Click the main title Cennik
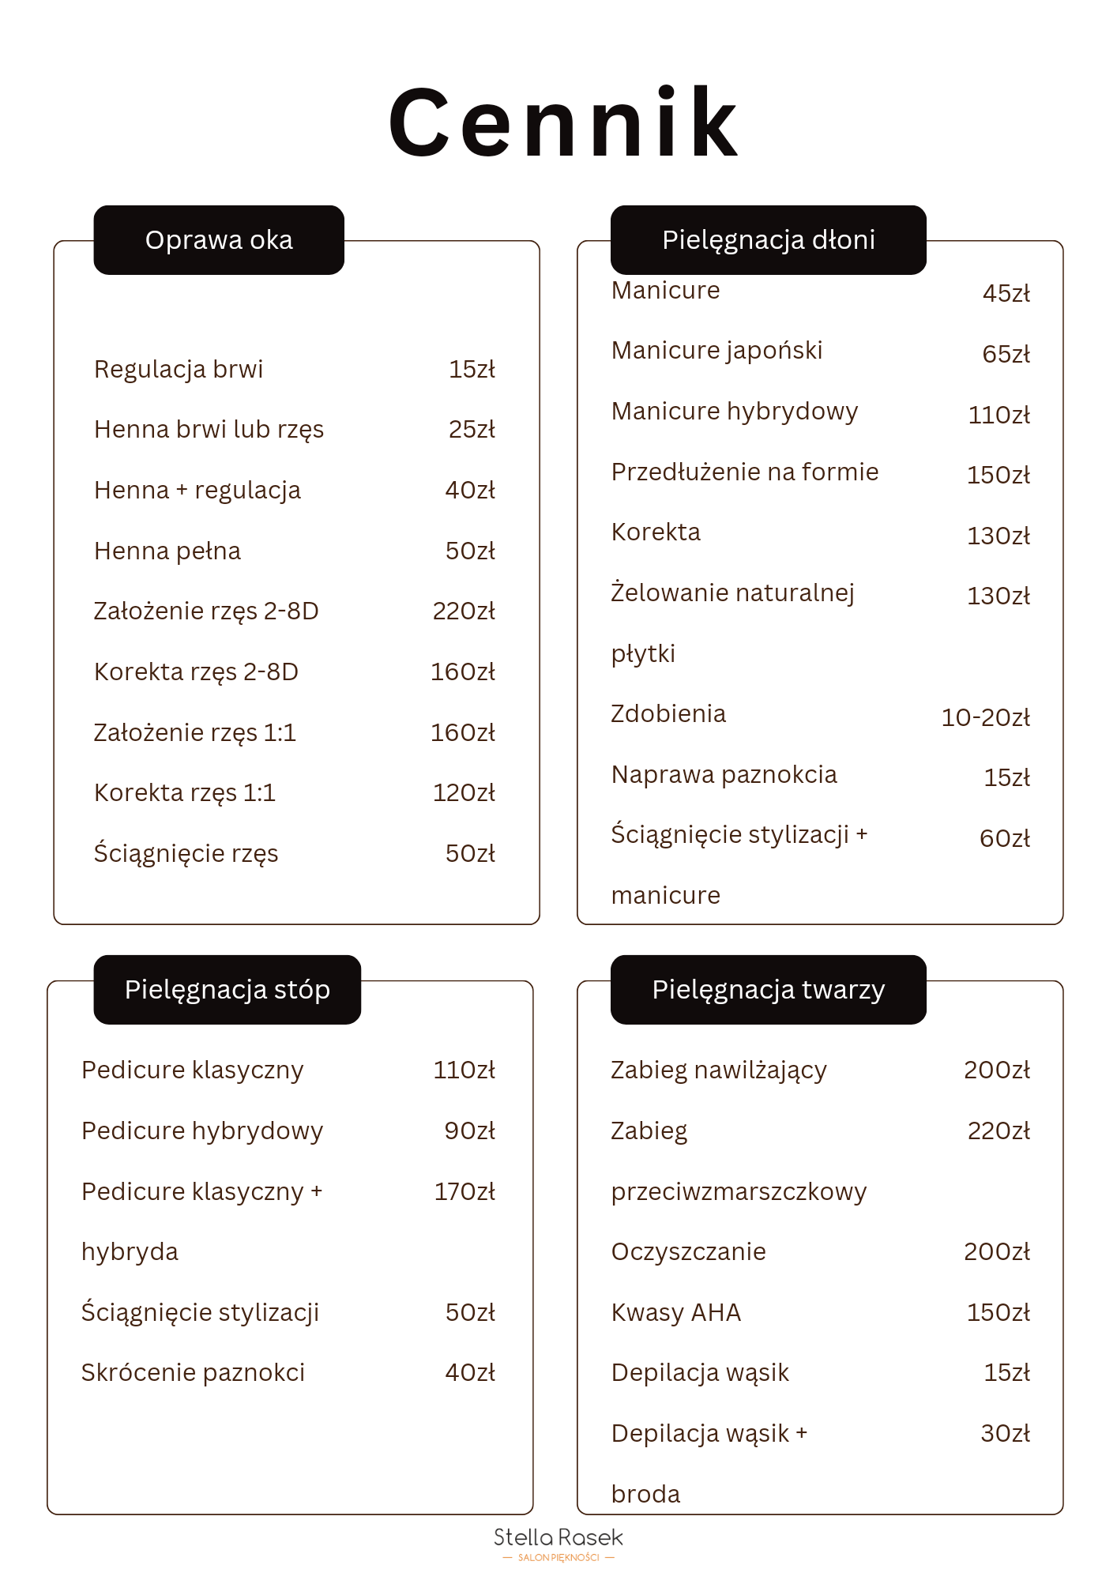point(563,123)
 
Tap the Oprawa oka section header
point(219,240)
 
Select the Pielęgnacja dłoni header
point(768,240)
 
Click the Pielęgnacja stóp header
point(227,990)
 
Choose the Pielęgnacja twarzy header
point(768,990)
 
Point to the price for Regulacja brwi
point(472,369)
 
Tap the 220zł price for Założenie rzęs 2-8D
point(464,611)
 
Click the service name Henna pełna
point(167,551)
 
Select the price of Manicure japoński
point(1006,354)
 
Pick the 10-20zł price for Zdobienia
point(985,717)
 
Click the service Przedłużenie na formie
point(745,472)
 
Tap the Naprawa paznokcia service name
point(724,775)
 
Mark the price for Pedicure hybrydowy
point(469,1131)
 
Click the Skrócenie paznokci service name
point(194,1373)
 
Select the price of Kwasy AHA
point(998,1313)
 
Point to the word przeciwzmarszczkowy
point(739,1192)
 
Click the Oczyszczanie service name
point(689,1252)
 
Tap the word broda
point(645,1495)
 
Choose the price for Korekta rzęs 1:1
point(464,793)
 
